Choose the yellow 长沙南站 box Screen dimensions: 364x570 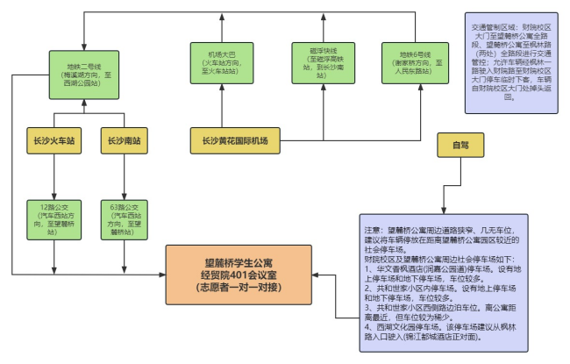pyautogui.click(x=124, y=139)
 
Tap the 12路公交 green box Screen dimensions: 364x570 pyautogui.click(x=57, y=218)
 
